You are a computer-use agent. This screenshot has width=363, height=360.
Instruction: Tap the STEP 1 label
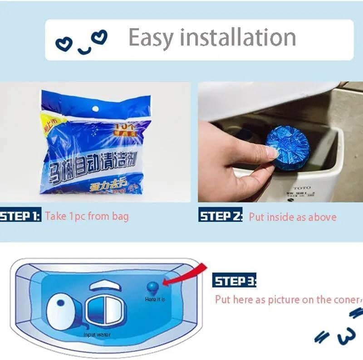coord(20,215)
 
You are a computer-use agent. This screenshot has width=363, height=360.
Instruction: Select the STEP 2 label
coord(221,216)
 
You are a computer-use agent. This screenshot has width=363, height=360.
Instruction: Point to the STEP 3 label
coord(234,281)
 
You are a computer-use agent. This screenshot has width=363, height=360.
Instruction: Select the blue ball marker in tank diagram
coord(152,287)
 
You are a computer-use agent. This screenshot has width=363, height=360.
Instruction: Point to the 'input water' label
coord(97,335)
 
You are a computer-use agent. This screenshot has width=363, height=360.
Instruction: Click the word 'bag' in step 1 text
coord(120,216)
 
